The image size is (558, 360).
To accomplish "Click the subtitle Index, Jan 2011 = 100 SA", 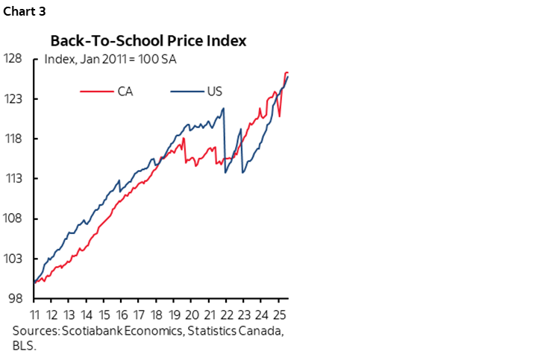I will pos(110,59).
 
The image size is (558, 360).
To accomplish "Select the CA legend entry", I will pos(125,91).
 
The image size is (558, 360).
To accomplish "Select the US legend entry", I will pos(215,91).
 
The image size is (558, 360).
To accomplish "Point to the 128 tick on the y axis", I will pos(14,59).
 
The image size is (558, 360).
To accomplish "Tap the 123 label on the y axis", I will pos(14,99).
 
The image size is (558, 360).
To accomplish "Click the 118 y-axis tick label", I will pos(14,139).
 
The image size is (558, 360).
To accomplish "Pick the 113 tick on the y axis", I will pos(14,179).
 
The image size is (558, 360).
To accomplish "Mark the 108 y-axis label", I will pos(14,219).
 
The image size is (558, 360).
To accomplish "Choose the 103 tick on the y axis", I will pos(14,259).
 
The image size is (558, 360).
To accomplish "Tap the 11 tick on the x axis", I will pos(34,313).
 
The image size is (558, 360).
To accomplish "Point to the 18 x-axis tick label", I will pos(157,313).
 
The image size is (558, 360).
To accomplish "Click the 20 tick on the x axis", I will pos(192,313).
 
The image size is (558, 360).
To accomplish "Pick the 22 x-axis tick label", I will pos(227,313).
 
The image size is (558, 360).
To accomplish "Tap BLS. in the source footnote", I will pos(25,345).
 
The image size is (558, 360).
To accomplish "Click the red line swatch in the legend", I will pos(96,91).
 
